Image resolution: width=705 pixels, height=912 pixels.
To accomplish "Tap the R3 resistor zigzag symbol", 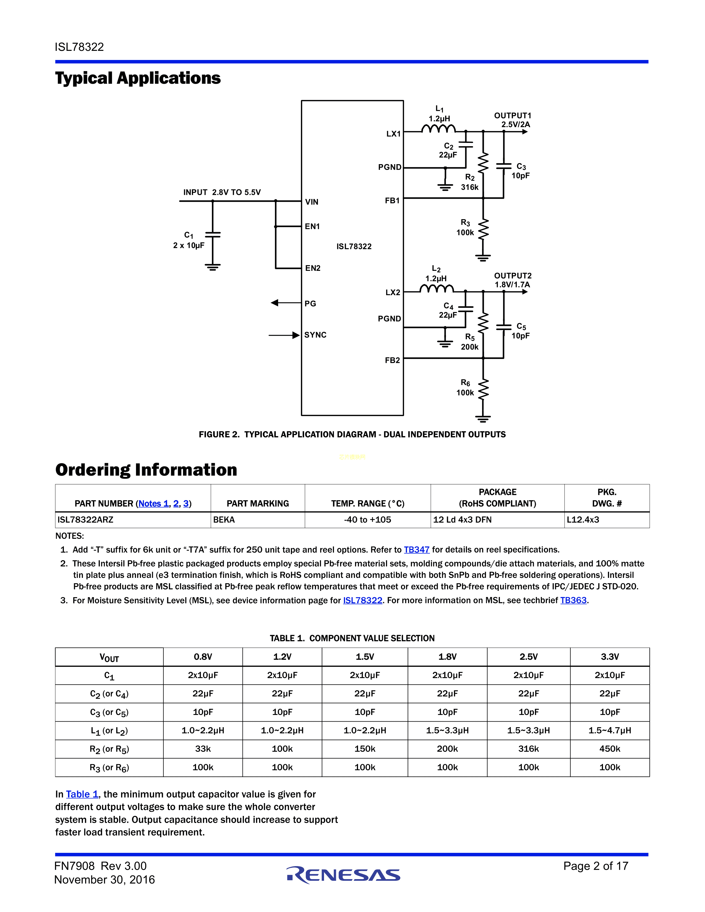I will (x=483, y=229).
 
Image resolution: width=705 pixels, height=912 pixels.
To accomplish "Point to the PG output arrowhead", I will (x=275, y=303).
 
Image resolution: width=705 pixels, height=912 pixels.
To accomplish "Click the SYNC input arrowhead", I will (x=296, y=335).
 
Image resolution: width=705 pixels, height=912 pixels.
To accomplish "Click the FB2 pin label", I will (x=392, y=360).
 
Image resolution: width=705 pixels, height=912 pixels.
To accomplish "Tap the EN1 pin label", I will (x=312, y=226).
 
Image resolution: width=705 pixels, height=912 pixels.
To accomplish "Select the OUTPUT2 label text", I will (x=513, y=276).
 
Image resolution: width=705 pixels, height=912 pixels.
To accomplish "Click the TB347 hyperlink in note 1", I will (x=416, y=549).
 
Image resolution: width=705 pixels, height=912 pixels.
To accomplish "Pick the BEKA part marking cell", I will (x=224, y=520).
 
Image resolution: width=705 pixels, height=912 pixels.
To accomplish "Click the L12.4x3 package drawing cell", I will (x=583, y=520).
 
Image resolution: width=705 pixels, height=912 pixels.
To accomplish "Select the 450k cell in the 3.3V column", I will (x=609, y=749).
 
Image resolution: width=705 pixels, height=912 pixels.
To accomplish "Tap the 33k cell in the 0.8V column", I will (x=203, y=749).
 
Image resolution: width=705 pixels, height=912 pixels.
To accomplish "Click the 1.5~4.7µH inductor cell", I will (x=609, y=730).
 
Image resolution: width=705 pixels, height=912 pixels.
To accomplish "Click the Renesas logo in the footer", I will (x=343, y=875).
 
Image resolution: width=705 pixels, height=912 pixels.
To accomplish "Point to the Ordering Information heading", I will (x=146, y=470).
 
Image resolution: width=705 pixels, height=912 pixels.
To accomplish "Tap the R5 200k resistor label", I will (x=470, y=342).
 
